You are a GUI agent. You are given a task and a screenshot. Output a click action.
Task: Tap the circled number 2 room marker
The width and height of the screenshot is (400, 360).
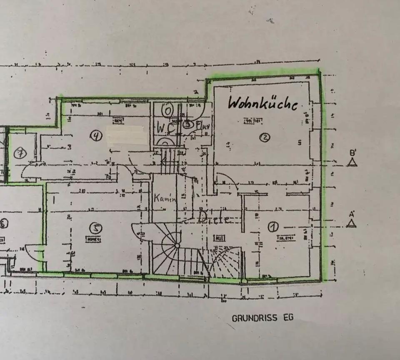point(264,137)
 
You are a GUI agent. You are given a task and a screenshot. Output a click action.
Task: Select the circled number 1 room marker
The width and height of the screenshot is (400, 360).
point(273,227)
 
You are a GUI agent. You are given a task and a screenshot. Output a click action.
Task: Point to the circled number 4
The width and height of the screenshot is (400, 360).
point(97,136)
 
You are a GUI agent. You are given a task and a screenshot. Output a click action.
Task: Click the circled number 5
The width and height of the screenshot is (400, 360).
point(97,227)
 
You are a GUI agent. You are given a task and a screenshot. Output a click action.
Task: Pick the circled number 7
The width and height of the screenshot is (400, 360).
point(20,153)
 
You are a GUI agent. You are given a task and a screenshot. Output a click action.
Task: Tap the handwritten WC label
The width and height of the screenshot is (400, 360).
point(165,128)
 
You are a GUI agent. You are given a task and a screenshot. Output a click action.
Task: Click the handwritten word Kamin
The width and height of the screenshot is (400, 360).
point(165,198)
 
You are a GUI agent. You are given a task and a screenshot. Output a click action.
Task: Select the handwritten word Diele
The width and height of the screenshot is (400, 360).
point(214,217)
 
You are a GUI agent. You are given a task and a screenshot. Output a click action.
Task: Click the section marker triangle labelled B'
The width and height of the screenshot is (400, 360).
point(352,162)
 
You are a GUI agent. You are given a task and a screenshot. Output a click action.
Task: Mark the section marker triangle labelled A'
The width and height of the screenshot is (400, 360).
point(351,223)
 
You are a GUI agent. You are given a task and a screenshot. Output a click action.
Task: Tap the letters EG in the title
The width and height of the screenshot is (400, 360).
point(287,317)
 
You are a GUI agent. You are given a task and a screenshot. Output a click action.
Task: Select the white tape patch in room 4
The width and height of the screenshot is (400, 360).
point(127,135)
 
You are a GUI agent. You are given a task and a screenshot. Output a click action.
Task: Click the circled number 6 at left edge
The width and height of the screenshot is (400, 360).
point(3,224)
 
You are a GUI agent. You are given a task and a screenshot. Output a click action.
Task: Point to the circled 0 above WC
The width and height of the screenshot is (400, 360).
point(167,111)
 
